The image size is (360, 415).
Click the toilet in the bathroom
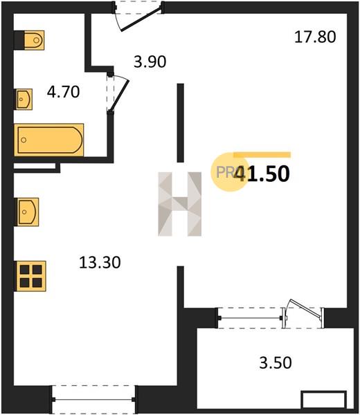point(34,40)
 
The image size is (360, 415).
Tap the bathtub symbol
point(49,140)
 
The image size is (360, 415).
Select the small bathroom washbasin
point(24,99)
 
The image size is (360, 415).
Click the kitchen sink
point(28,212)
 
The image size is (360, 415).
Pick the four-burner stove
point(31,276)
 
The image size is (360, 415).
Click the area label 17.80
point(315,37)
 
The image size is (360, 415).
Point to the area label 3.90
point(150,62)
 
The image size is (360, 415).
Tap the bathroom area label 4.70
point(63,92)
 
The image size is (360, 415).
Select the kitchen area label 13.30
point(100,263)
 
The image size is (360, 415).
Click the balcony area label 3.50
point(276,362)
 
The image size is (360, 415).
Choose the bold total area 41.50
point(262,174)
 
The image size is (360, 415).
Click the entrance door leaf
point(141,19)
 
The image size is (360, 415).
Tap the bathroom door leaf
point(119,95)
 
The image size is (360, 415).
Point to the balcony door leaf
point(306,308)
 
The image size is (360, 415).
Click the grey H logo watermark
point(179,204)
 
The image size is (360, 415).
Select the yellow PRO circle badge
point(229,172)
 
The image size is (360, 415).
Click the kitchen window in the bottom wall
point(93,400)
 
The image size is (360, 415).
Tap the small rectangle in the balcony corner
point(324,400)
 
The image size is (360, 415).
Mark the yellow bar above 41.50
point(262,155)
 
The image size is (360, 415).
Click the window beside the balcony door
point(250,318)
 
